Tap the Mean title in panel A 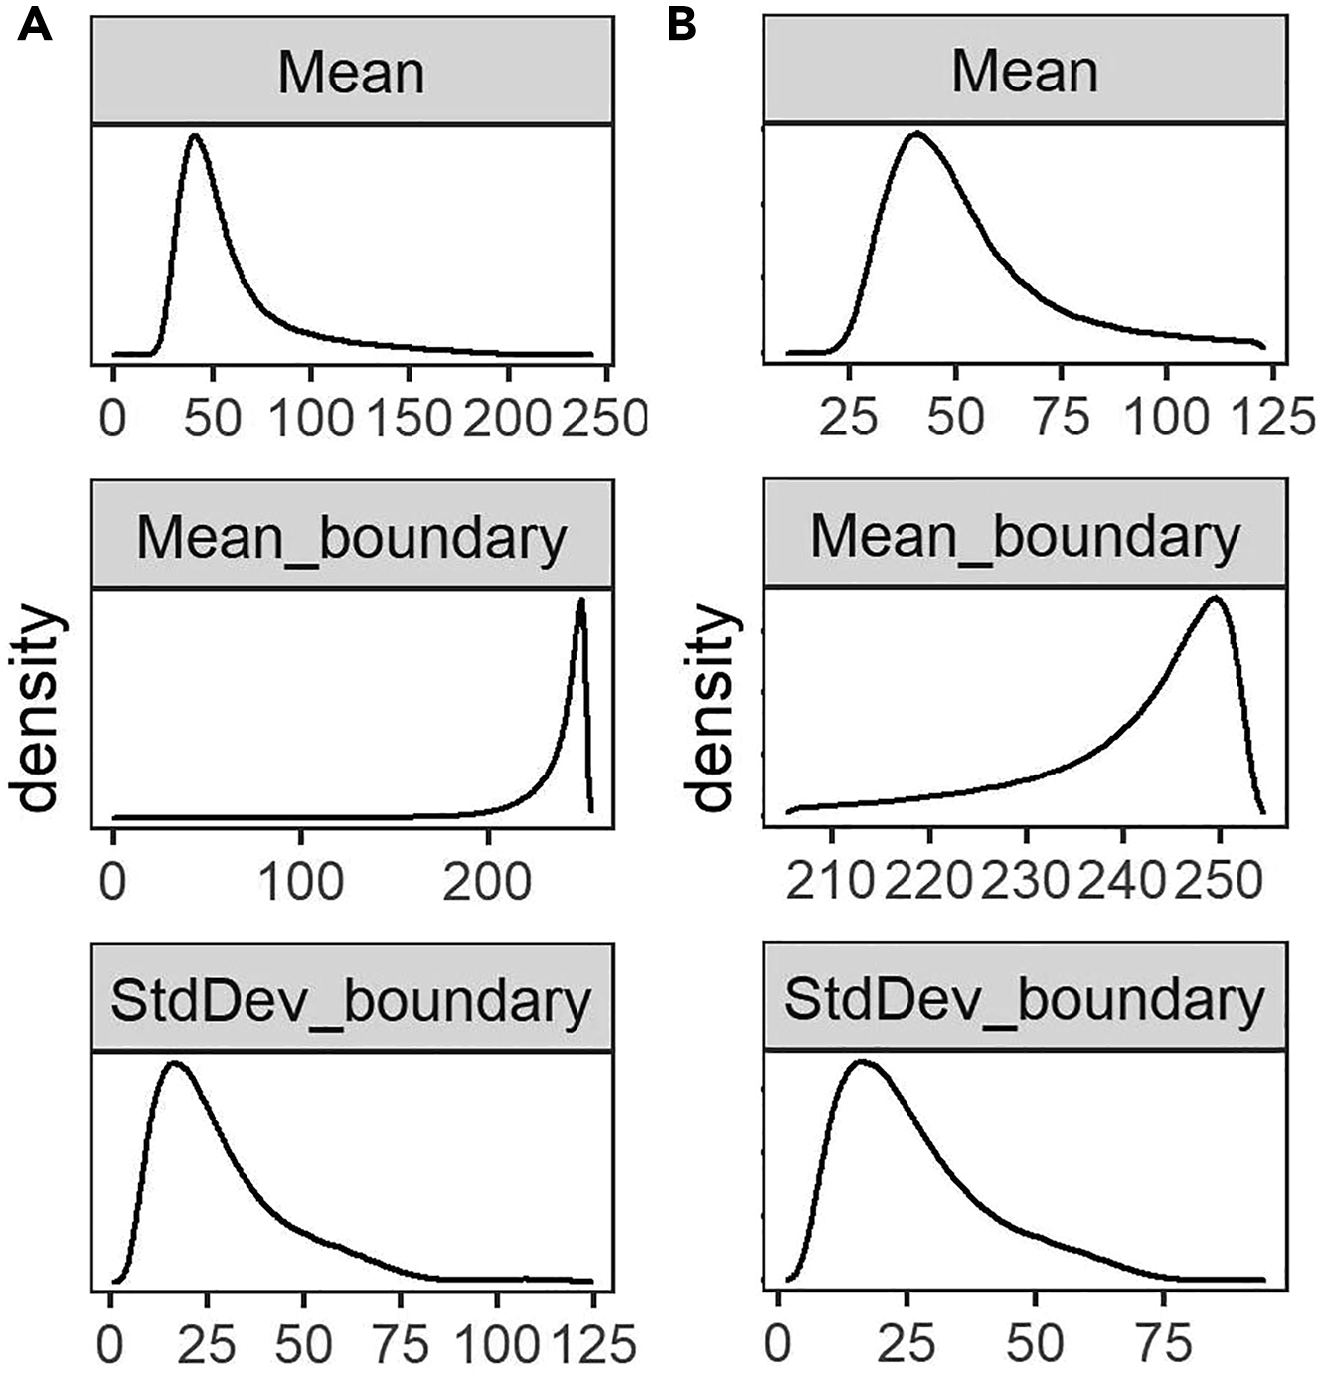tap(351, 74)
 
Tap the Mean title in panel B tap(1025, 74)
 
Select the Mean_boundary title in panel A tap(351, 538)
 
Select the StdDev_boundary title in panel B tap(1025, 1001)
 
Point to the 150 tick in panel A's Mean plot tap(409, 419)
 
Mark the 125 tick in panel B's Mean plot tap(1270, 419)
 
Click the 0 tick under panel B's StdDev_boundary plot tap(781, 1345)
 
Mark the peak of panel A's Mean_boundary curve tap(581, 599)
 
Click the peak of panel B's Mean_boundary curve tap(1214, 598)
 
